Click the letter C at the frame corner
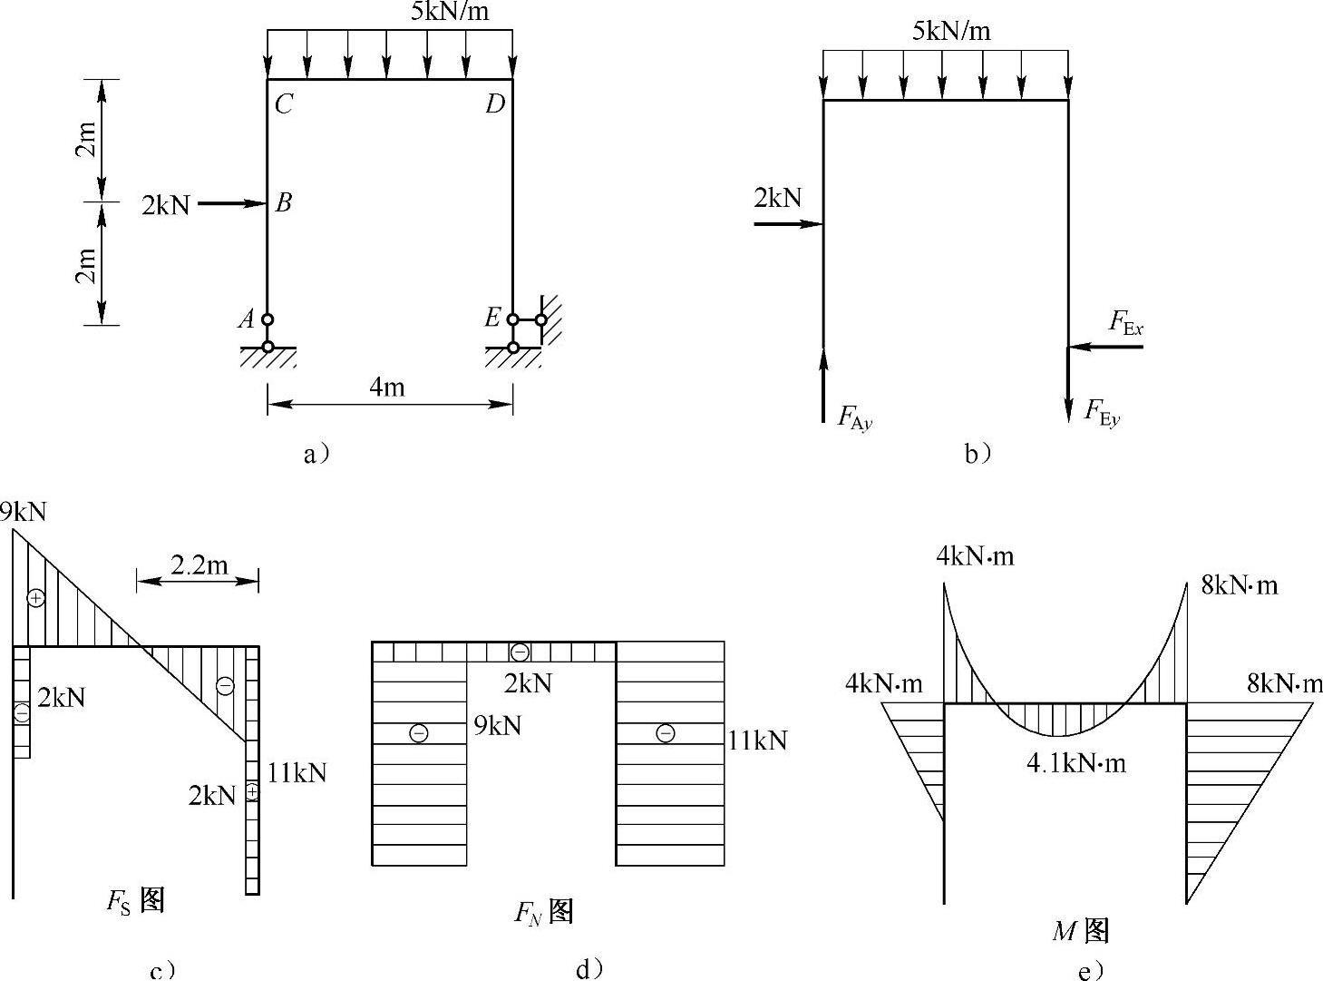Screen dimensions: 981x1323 pyautogui.click(x=284, y=104)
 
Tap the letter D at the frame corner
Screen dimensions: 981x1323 pyautogui.click(x=494, y=104)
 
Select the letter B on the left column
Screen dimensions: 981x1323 pyautogui.click(x=284, y=202)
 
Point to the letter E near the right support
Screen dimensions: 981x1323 pyautogui.click(x=492, y=318)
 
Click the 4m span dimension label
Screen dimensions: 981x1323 pyautogui.click(x=387, y=387)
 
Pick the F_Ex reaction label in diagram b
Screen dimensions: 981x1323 pyautogui.click(x=1126, y=323)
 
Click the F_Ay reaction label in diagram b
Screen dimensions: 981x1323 pyautogui.click(x=853, y=417)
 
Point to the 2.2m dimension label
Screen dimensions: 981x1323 pyautogui.click(x=199, y=565)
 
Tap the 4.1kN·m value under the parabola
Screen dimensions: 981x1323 pyautogui.click(x=1075, y=763)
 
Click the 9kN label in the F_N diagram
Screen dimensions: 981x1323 pyautogui.click(x=498, y=725)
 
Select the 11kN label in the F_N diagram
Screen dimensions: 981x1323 pyautogui.click(x=758, y=741)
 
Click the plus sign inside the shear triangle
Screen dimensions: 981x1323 pyautogui.click(x=34, y=597)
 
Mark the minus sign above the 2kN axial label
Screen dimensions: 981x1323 pyautogui.click(x=520, y=652)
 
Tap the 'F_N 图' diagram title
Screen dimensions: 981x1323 pyautogui.click(x=544, y=911)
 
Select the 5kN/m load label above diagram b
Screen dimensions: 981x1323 pyautogui.click(x=951, y=32)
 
